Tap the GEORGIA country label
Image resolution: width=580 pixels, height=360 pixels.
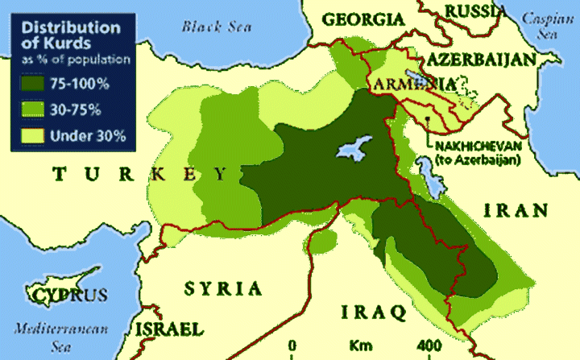[363, 19]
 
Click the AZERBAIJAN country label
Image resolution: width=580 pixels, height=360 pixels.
[481, 60]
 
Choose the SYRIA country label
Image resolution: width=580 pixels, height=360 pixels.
[223, 288]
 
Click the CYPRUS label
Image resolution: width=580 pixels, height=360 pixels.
[69, 295]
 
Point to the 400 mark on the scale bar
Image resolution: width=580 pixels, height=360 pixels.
[427, 346]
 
